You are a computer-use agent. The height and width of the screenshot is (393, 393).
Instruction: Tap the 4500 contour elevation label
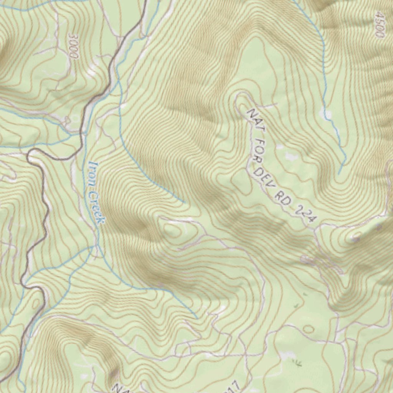pos(379,24)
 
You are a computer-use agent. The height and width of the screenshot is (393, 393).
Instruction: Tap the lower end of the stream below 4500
pos(339,174)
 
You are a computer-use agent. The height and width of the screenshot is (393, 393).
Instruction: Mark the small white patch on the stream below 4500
pos(327,114)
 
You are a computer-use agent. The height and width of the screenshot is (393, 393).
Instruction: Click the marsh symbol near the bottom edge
pos(297,362)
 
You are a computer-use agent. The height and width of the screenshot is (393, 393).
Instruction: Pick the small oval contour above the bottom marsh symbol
pos(309,329)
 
